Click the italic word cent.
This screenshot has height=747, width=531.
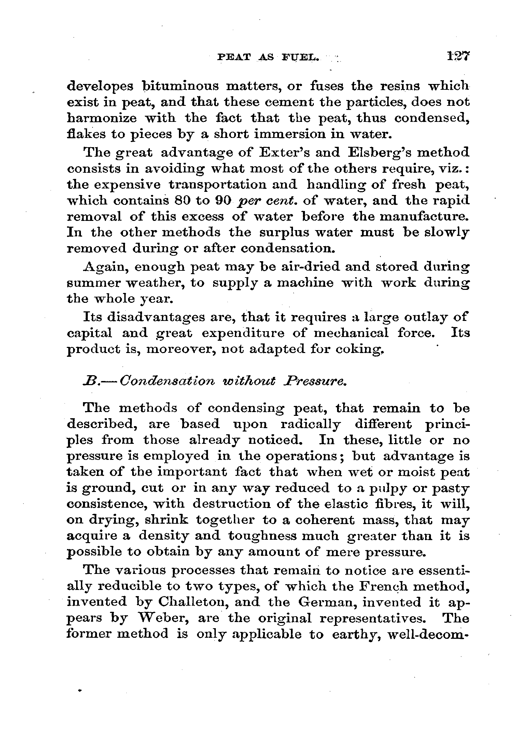pos(281,201)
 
